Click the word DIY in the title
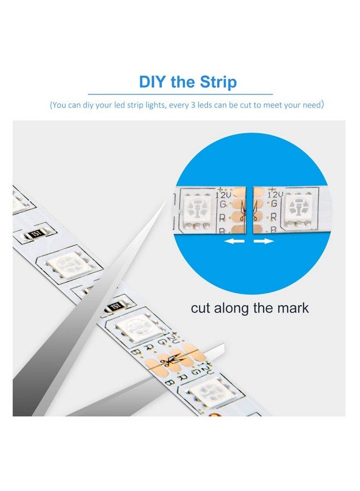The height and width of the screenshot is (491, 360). tap(152, 82)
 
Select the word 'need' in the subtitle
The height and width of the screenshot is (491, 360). tap(309, 105)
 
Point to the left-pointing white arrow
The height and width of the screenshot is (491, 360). tap(235, 240)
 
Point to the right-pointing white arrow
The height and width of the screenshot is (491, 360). tap(265, 240)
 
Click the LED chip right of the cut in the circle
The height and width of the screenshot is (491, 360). tap(298, 208)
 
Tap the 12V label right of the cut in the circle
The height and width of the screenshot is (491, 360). tap(275, 194)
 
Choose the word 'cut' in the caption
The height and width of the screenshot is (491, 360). tap(202, 308)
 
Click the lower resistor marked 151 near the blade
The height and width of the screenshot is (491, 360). tap(115, 306)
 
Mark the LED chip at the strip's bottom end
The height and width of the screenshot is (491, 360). tap(209, 392)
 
